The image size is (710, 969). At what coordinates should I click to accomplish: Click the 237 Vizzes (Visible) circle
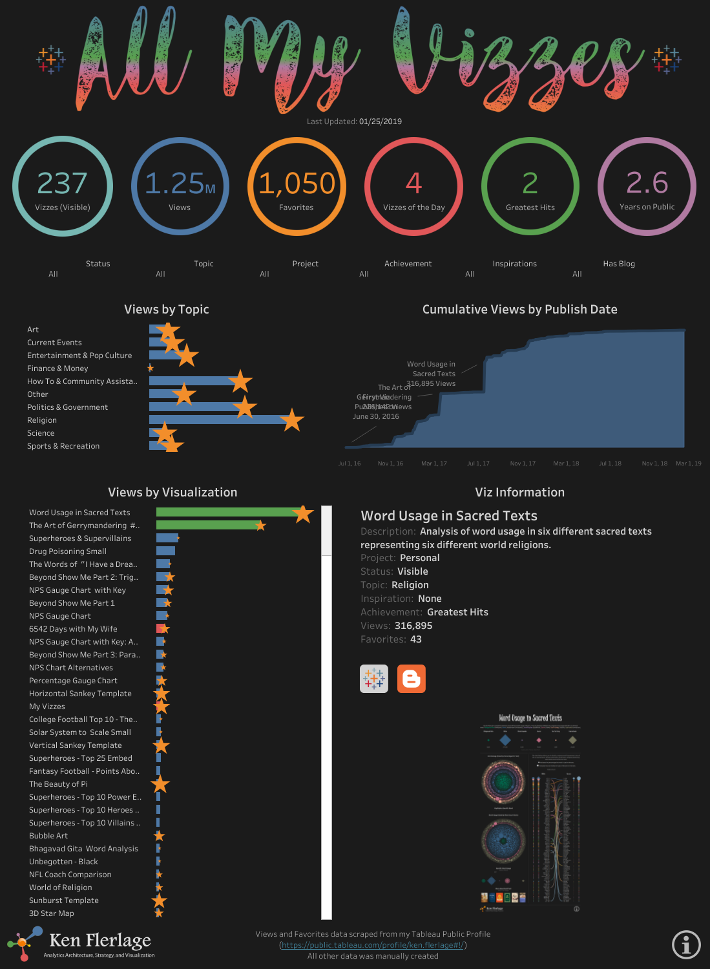point(63,187)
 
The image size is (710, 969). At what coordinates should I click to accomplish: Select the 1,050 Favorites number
point(297,184)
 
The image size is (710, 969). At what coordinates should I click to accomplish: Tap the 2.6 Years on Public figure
point(647,183)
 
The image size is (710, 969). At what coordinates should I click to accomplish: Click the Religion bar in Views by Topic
point(216,420)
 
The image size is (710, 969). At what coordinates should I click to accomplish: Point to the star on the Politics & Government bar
point(245,407)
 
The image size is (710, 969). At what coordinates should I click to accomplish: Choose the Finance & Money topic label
point(57,368)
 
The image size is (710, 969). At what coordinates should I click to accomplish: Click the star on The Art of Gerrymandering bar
point(260,526)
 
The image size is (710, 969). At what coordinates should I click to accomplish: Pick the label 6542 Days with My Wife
point(73,629)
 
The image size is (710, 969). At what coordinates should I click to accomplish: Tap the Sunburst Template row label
point(64,900)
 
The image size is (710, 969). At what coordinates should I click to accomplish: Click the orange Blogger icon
point(412,679)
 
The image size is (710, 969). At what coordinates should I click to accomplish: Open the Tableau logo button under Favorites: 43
point(374,679)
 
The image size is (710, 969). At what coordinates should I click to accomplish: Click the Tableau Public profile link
point(373,945)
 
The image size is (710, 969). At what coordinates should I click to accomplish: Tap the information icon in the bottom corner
point(686,944)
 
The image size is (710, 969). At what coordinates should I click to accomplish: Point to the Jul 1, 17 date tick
point(478,463)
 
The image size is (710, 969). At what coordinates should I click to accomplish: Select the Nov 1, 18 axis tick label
point(654,463)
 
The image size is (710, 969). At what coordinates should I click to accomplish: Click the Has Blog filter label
point(619,264)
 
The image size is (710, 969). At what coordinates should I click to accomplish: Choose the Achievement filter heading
point(408,264)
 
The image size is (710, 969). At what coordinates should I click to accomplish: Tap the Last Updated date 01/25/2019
point(381,122)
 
